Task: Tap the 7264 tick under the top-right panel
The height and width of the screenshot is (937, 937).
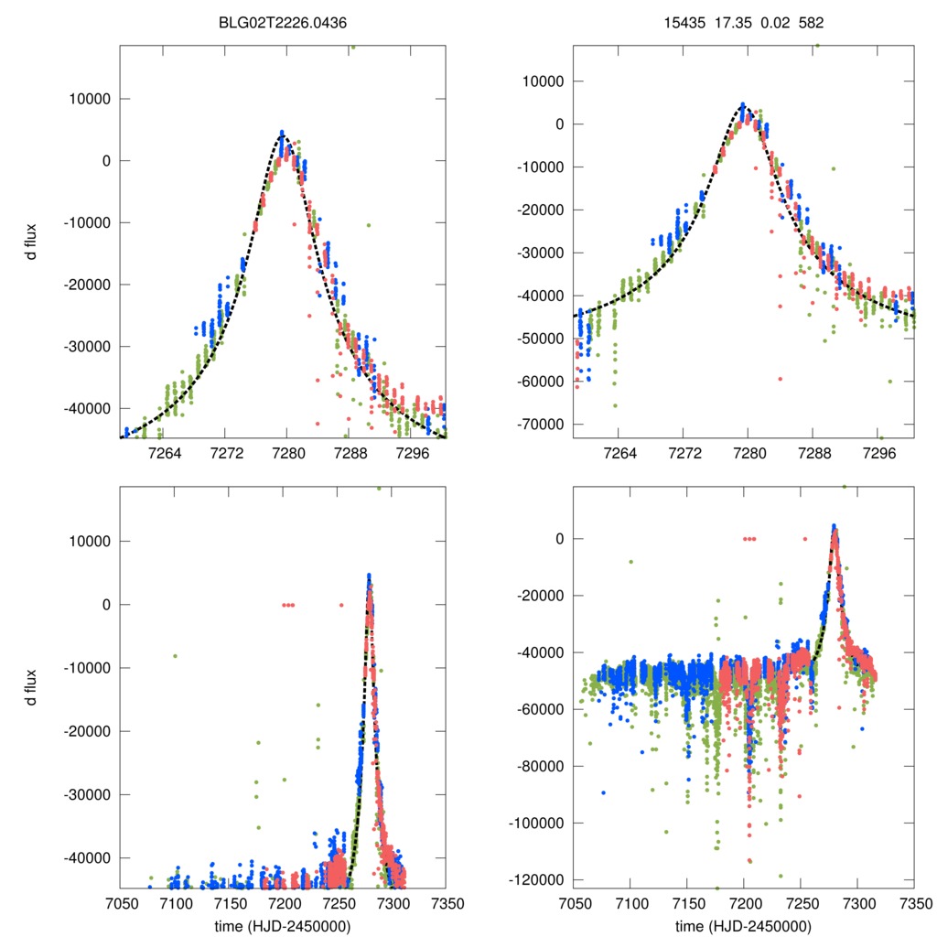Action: pyautogui.click(x=622, y=454)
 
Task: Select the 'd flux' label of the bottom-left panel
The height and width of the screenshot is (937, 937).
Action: pyautogui.click(x=32, y=686)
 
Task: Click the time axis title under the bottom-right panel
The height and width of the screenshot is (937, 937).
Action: pyautogui.click(x=743, y=925)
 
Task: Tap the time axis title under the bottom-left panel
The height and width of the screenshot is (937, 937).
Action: pyautogui.click(x=283, y=925)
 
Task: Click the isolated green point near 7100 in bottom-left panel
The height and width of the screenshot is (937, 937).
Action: pyautogui.click(x=175, y=655)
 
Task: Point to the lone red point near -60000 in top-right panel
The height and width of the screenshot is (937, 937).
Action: pyautogui.click(x=780, y=378)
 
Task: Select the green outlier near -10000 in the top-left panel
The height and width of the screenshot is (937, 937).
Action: pyautogui.click(x=369, y=224)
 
